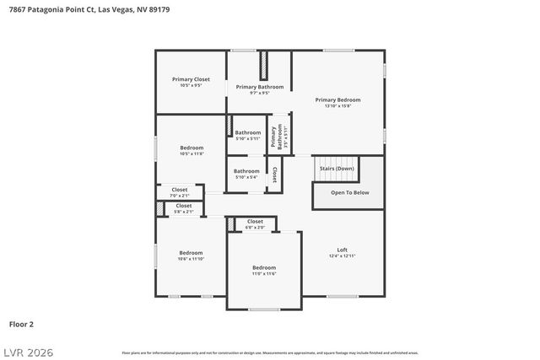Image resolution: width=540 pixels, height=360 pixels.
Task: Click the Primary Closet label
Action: click(x=191, y=79)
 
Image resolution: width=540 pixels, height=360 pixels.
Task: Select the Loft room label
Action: click(x=342, y=250)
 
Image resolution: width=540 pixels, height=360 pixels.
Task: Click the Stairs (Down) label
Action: click(x=337, y=169)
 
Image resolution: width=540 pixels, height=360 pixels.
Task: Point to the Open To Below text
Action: click(x=349, y=192)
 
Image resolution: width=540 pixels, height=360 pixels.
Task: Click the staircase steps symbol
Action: click(x=337, y=163)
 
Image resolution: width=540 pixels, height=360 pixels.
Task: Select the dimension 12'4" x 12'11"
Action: click(x=342, y=256)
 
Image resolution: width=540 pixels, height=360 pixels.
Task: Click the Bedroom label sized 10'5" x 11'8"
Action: click(x=192, y=148)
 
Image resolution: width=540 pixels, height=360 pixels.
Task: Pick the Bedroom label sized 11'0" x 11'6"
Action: click(x=264, y=267)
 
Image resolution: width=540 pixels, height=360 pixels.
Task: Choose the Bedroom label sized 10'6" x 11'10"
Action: click(x=190, y=252)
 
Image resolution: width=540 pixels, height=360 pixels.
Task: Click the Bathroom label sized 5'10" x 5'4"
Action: click(x=247, y=171)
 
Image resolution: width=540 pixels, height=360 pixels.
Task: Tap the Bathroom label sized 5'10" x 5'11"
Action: click(x=248, y=132)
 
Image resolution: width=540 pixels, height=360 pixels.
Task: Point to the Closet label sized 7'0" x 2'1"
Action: click(x=180, y=190)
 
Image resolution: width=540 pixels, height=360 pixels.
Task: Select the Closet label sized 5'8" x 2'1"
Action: click(x=183, y=206)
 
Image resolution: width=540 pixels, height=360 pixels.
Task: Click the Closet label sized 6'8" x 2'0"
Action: click(x=255, y=222)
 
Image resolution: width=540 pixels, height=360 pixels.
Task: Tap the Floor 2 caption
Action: click(x=21, y=324)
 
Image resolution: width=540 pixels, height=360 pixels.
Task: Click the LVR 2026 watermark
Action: click(x=28, y=350)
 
